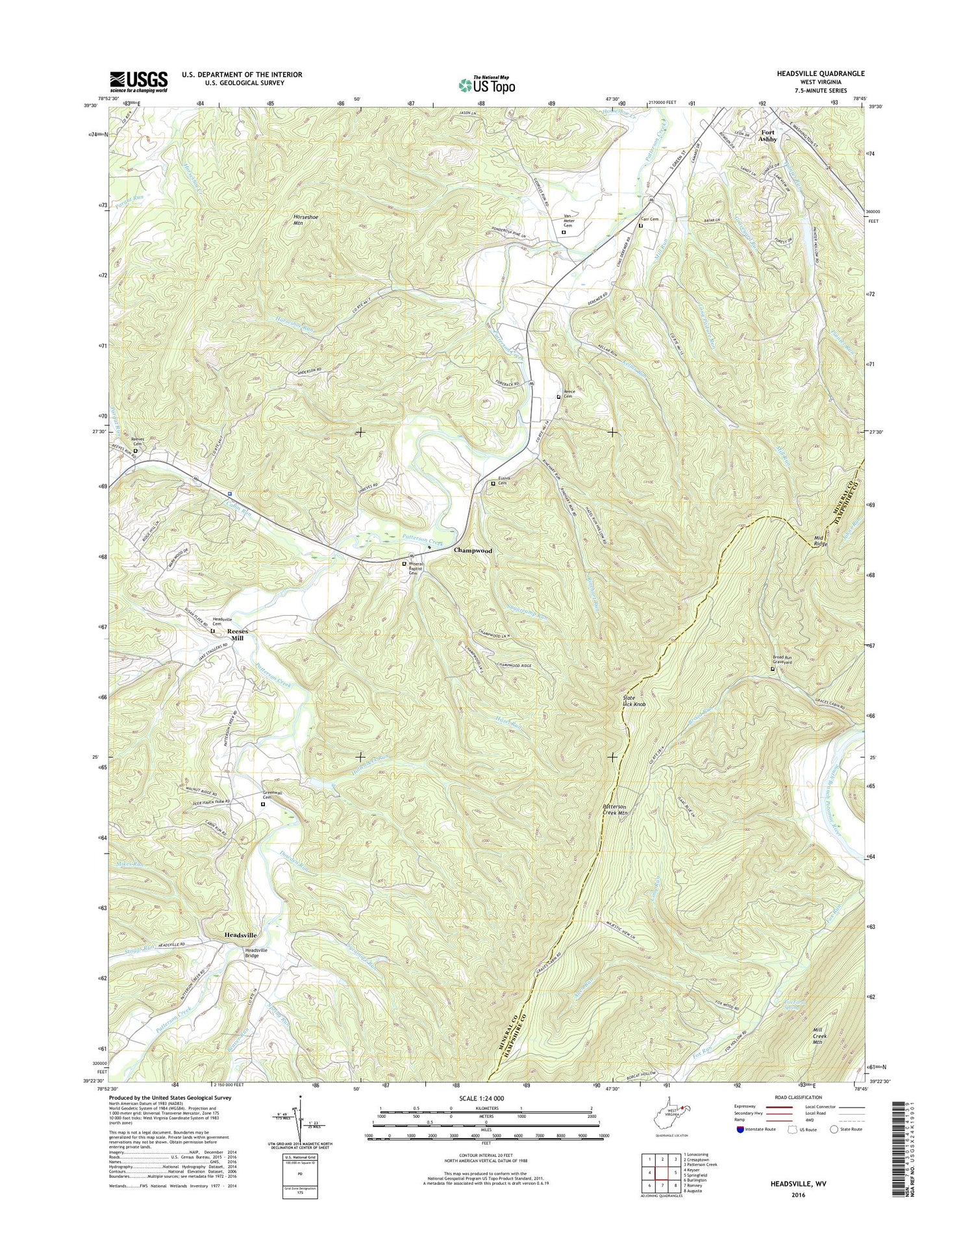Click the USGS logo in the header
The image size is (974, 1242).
(138, 82)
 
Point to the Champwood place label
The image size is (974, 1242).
(473, 550)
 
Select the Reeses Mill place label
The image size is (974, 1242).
(236, 634)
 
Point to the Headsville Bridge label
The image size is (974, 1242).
(256, 953)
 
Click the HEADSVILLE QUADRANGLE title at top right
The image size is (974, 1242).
(820, 74)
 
